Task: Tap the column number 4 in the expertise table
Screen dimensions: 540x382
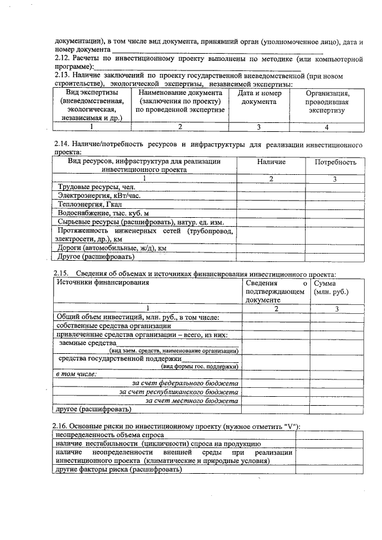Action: (x=326, y=126)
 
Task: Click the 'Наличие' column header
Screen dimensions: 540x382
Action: (x=271, y=162)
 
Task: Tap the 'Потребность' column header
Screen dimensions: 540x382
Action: (x=335, y=162)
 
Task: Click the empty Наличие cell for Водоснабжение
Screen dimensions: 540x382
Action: (x=271, y=213)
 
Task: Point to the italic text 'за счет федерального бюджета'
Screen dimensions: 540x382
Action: (x=185, y=382)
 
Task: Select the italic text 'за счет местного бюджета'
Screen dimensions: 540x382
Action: (x=192, y=401)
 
